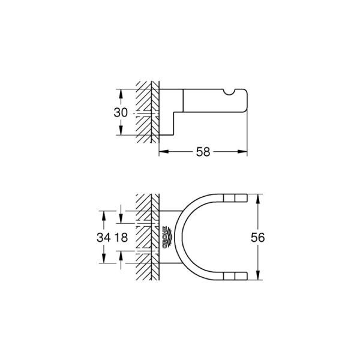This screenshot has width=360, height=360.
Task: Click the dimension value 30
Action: point(121,113)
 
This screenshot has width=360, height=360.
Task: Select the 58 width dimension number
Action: point(203,152)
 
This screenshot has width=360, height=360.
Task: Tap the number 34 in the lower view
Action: point(104,237)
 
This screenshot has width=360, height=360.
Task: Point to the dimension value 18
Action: point(122,237)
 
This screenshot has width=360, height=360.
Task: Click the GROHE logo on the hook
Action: point(165,238)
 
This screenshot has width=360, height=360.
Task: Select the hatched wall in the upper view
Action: point(146,111)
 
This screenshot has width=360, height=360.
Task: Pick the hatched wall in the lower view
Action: point(146,237)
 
